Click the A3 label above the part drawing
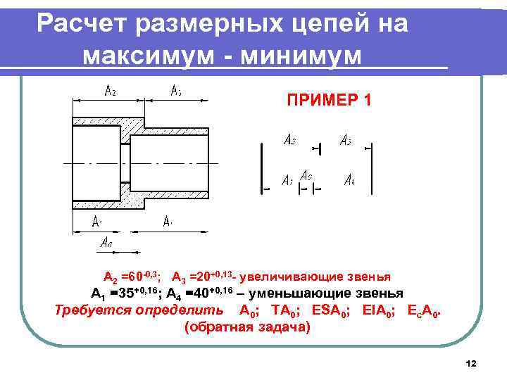(177, 91)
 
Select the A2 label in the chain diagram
(289, 140)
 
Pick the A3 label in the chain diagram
(346, 141)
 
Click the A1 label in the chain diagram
(287, 180)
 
